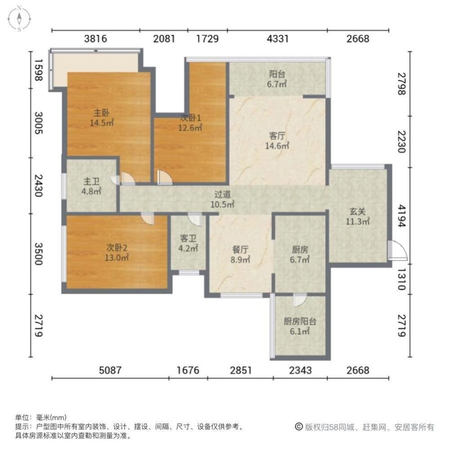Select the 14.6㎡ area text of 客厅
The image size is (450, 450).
(279, 145)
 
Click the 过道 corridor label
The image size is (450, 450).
(223, 195)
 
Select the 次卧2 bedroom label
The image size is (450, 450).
(117, 247)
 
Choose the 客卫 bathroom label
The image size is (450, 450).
(188, 238)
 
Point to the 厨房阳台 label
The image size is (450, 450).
(300, 322)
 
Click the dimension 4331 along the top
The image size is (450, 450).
(277, 39)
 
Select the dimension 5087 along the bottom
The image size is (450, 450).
(110, 370)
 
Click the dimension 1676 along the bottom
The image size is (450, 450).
(188, 370)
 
